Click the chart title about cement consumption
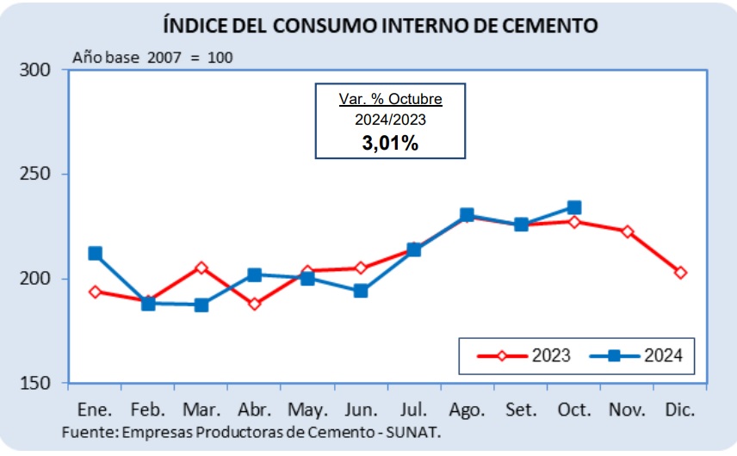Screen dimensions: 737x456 [381, 25]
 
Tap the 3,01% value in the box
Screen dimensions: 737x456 [390, 143]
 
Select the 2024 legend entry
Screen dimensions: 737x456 [636, 355]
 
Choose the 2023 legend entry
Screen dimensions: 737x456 [524, 355]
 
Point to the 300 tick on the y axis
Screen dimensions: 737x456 [34, 70]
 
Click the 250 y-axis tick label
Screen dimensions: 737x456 [34, 174]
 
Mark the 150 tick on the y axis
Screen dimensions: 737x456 [34, 383]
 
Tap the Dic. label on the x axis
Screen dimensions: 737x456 [679, 410]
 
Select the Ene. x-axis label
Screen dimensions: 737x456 [95, 410]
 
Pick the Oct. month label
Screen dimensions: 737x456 [574, 410]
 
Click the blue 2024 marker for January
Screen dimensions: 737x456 [95, 254]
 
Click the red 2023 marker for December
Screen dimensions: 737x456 [680, 273]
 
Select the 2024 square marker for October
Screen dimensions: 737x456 [574, 207]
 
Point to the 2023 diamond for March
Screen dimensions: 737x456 [201, 268]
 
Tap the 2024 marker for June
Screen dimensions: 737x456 [361, 291]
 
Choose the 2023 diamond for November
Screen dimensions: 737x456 [627, 231]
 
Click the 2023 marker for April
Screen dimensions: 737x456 [254, 304]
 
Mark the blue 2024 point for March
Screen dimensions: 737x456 [201, 305]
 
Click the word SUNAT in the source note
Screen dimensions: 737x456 [412, 432]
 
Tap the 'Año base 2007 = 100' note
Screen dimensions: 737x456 [152, 58]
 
